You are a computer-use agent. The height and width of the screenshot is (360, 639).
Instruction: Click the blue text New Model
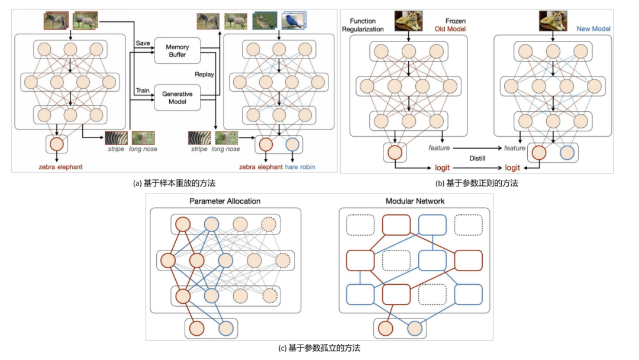pos(593,28)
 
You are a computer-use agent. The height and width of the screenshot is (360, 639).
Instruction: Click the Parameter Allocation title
pos(224,201)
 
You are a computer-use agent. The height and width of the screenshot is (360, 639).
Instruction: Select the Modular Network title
pos(415,201)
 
